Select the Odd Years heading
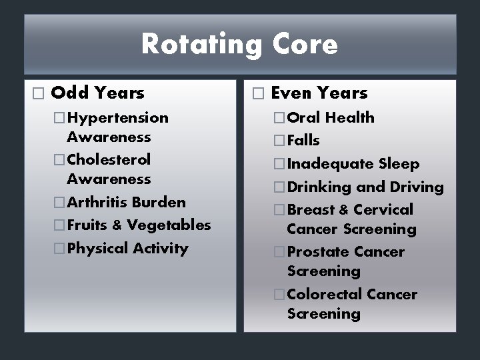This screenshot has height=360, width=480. (x=97, y=93)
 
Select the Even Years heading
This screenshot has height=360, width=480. (x=319, y=93)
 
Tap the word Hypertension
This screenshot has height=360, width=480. (x=117, y=118)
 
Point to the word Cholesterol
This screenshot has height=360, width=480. (x=109, y=160)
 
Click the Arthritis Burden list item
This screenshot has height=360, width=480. (x=126, y=202)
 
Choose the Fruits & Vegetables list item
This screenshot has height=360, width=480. (x=139, y=225)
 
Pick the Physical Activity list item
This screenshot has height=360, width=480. (x=127, y=249)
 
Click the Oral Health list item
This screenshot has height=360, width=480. (x=331, y=118)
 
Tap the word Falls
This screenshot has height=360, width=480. (x=303, y=141)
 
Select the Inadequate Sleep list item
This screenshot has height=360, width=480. (x=353, y=164)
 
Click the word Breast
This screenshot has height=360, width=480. (x=311, y=210)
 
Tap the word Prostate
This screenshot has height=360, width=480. (x=316, y=252)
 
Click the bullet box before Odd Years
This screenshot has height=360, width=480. (x=37, y=93)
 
